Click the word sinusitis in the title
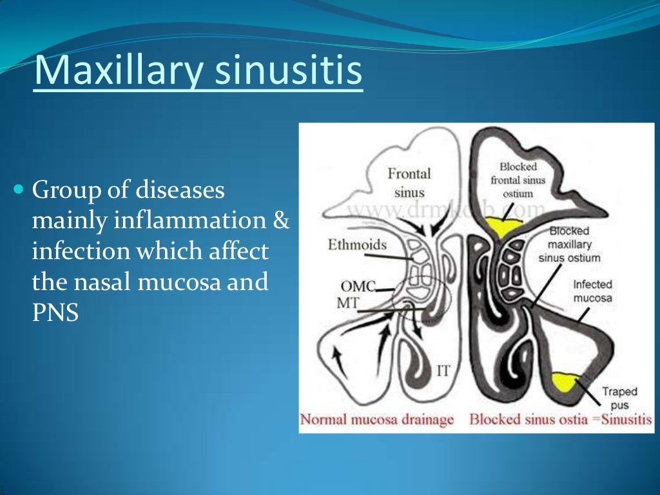[288, 72]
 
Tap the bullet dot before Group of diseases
[18, 190]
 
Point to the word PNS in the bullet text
[55, 314]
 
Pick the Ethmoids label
[357, 245]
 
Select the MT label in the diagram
[350, 302]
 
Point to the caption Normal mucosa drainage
[378, 420]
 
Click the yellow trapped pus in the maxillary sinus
[565, 382]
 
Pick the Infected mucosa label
[592, 291]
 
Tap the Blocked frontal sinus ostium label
[518, 180]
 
